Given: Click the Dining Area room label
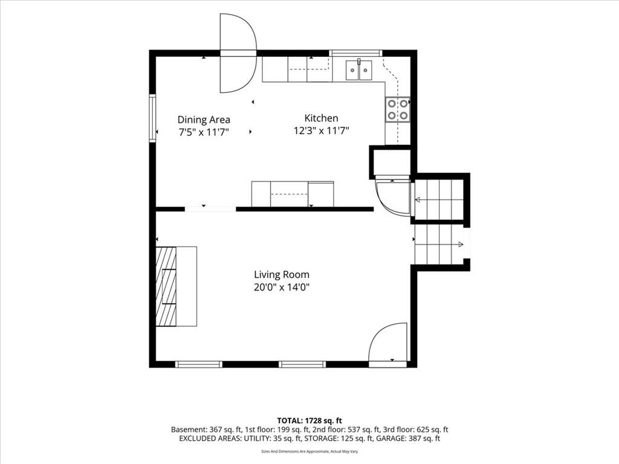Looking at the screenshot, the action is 204,120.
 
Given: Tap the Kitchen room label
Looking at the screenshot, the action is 322,118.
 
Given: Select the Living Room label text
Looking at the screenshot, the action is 282,275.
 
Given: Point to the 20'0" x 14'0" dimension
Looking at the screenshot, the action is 282,287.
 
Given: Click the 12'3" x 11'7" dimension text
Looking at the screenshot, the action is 322,130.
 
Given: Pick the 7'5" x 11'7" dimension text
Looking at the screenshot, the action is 204,132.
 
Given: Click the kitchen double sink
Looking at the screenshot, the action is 359,70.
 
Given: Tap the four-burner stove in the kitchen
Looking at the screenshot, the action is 398,110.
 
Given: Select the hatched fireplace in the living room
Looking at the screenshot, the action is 166,286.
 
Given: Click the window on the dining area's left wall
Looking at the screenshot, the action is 152,117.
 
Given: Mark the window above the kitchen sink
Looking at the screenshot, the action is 356,53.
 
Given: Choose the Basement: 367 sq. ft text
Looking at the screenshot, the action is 201,430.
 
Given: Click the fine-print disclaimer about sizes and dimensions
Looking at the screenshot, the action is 309,451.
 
